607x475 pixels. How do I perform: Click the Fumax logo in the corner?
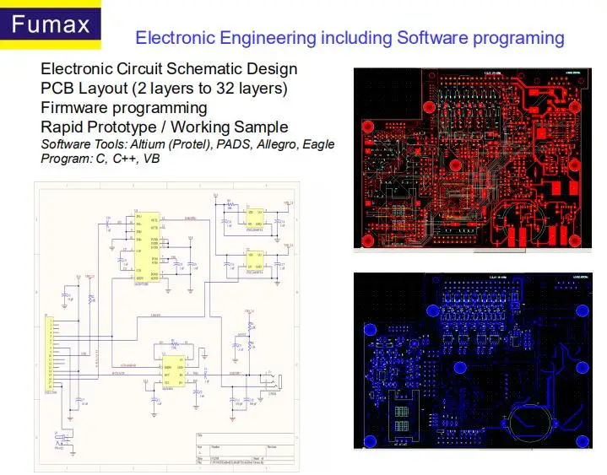51,24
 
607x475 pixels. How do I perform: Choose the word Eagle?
318,144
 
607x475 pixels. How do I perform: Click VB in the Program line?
151,159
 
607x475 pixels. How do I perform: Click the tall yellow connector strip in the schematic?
49,355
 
